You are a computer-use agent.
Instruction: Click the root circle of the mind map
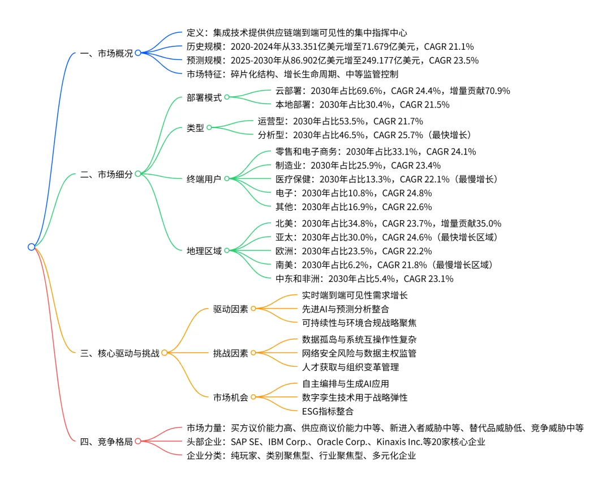pyautogui.click(x=32, y=246)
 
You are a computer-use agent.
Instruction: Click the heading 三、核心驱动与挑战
pyautogui.click(x=120, y=353)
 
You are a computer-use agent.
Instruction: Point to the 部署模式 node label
pyautogui.click(x=204, y=97)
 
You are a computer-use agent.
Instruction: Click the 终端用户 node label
pyautogui.click(x=204, y=178)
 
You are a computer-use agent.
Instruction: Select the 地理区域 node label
pyautogui.click(x=204, y=250)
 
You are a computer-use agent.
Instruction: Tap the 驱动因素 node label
pyautogui.click(x=230, y=309)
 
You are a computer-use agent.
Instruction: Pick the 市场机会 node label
pyautogui.click(x=230, y=397)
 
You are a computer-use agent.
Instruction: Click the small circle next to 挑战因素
pyautogui.click(x=253, y=353)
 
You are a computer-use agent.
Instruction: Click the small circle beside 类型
pyautogui.click(x=209, y=127)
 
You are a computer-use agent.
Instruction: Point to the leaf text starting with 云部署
pyautogui.click(x=393, y=90)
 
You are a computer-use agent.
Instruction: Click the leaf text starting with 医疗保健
pyautogui.click(x=386, y=179)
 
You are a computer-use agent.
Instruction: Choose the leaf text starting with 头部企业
pyautogui.click(x=335, y=442)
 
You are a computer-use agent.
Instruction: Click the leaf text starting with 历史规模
pyautogui.click(x=330, y=46)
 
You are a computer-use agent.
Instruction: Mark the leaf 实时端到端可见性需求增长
pyautogui.click(x=355, y=295)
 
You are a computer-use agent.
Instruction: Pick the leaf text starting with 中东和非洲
pyautogui.click(x=364, y=279)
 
